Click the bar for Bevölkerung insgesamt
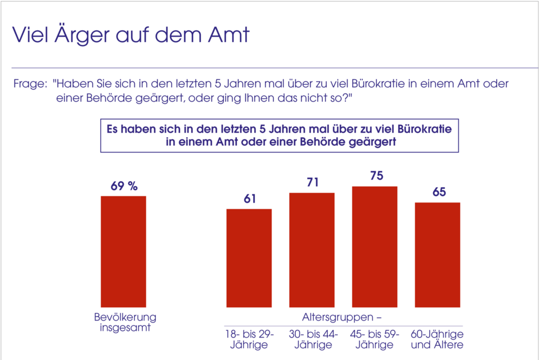(x=123, y=251)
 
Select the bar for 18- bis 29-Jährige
(x=249, y=258)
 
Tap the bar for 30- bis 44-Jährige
(x=312, y=250)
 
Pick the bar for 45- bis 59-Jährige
(x=375, y=246)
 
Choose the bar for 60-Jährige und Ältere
(x=438, y=255)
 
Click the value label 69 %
(x=124, y=186)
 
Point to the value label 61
(x=249, y=199)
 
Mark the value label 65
(x=438, y=192)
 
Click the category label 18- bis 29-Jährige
(x=249, y=339)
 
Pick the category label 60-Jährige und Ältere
(x=438, y=339)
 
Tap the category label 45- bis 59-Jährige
(x=375, y=339)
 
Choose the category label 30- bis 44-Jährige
(x=312, y=339)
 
